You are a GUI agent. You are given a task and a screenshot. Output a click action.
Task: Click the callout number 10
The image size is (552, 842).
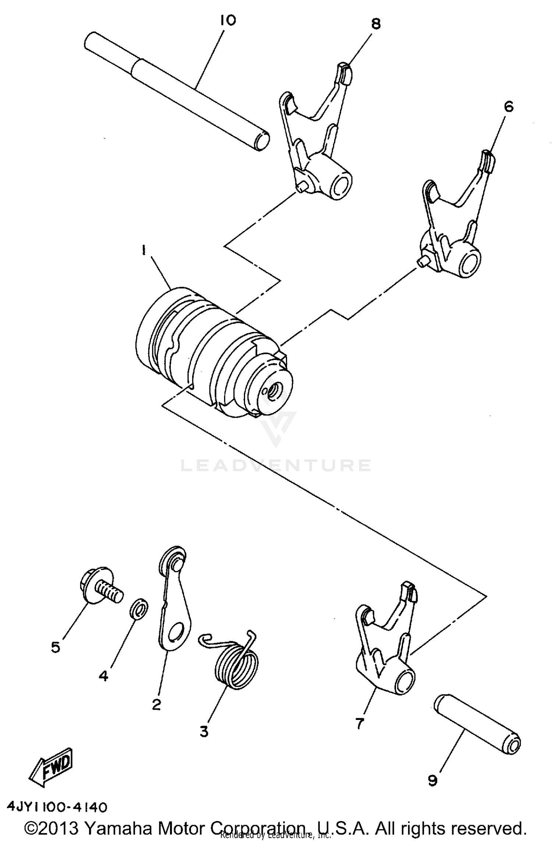[228, 21]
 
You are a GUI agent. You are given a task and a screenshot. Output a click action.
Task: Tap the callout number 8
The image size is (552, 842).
[375, 24]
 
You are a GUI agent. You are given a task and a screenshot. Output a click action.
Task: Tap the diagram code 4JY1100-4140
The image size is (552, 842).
[57, 808]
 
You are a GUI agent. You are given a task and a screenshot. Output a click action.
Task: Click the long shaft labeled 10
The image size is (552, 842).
[177, 88]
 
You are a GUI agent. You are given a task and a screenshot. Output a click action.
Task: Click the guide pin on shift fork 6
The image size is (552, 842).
[423, 260]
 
